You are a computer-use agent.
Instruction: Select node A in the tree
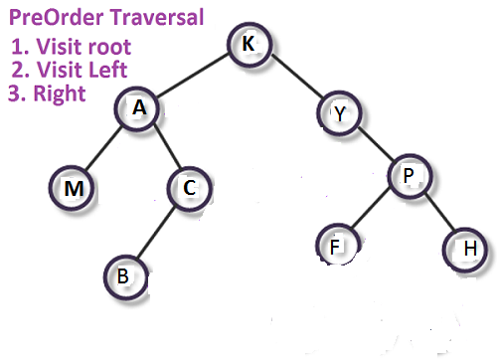[140, 110]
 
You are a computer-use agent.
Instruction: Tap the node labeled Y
[341, 113]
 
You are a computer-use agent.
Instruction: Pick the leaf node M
[73, 187]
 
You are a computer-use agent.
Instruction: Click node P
[408, 176]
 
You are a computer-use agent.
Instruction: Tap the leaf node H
[467, 247]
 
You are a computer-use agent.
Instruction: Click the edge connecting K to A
[194, 78]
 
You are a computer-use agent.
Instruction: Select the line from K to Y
[295, 80]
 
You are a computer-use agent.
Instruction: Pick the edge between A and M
[105, 149]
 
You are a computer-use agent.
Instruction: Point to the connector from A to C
[164, 149]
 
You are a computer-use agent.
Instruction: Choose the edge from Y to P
[374, 144]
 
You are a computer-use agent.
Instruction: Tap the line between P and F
[371, 211]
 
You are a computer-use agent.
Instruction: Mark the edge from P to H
[437, 211]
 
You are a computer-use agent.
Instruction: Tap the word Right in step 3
[61, 93]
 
